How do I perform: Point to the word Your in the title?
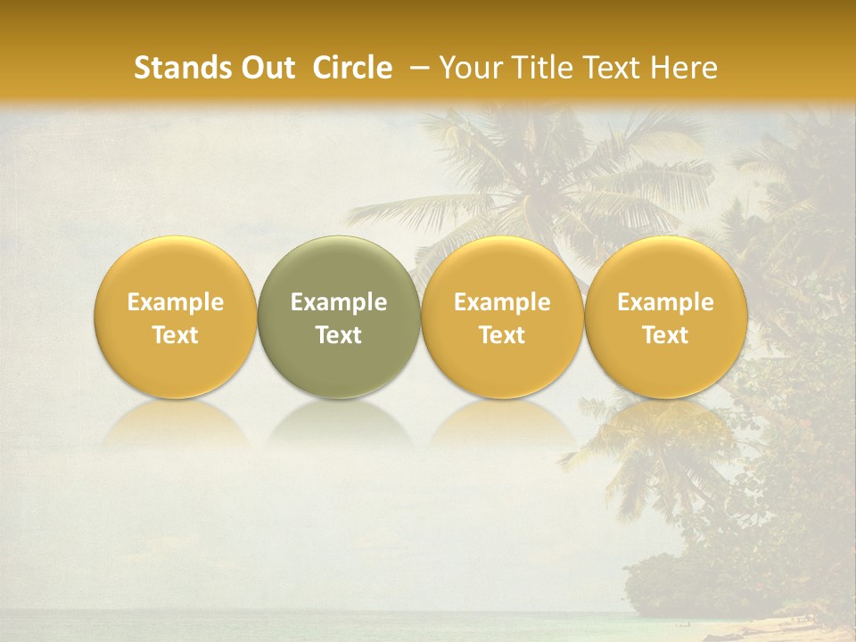point(467,68)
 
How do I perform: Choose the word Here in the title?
point(685,68)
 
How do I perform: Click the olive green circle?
point(339,317)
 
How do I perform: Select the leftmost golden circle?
point(176,317)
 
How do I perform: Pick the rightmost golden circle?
point(666,317)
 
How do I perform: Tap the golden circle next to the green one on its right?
point(502,317)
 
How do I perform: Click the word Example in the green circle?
point(339,302)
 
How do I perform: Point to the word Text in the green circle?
point(339,335)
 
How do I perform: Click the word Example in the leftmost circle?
point(176,302)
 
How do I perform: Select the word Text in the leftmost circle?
point(176,335)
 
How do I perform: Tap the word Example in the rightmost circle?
point(666,302)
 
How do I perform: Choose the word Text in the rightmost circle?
point(666,335)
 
